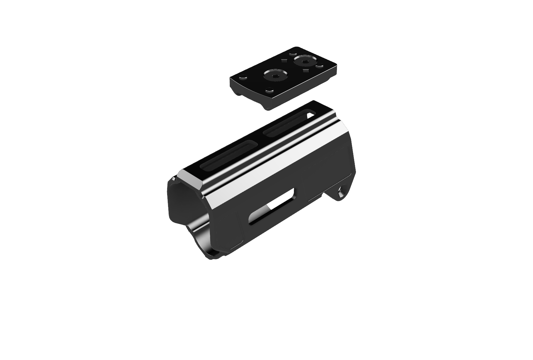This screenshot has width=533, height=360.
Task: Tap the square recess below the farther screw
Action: (x=306, y=71)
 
